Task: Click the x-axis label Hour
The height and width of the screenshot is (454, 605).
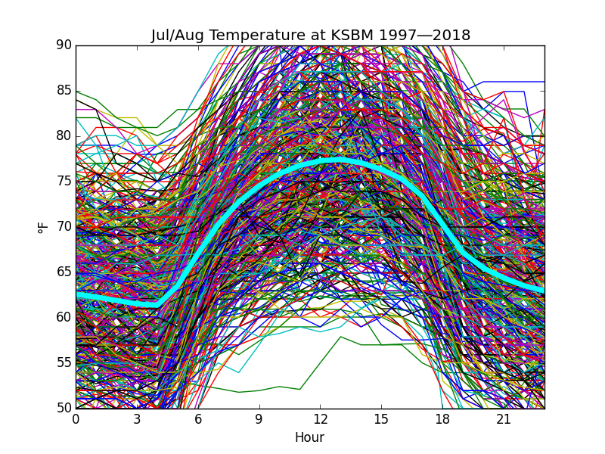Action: click(x=310, y=437)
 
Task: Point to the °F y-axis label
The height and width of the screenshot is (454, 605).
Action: click(x=44, y=226)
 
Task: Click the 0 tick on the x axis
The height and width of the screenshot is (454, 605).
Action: click(x=76, y=419)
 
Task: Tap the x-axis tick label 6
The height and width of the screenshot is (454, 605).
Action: click(x=198, y=419)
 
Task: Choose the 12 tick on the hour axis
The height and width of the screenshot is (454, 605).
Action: click(x=321, y=419)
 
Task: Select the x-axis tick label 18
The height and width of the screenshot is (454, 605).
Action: click(x=442, y=419)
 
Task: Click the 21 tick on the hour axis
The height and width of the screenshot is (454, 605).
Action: click(x=504, y=419)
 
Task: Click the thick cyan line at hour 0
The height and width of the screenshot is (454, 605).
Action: click(x=77, y=294)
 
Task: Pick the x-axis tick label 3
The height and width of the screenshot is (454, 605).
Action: click(x=137, y=419)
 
